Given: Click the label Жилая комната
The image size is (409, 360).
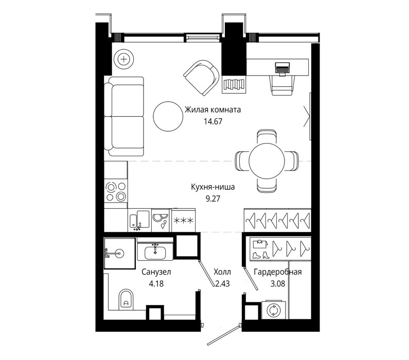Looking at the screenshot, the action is (212, 110).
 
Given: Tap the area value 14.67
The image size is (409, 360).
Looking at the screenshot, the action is (213, 121).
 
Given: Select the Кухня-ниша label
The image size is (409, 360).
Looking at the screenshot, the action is (213, 187).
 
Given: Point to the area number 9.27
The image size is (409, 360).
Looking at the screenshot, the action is (213, 199).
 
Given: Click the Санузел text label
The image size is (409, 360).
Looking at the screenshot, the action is (156, 272).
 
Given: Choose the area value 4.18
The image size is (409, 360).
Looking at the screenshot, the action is (156, 283).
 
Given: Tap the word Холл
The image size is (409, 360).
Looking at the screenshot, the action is (222, 272).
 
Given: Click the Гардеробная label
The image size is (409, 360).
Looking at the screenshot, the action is (278, 272).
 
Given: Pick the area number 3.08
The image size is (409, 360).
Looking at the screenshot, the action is (278, 283).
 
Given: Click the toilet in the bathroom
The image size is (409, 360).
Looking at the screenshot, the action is (126, 299).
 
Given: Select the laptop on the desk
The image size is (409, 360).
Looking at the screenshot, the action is (282, 69).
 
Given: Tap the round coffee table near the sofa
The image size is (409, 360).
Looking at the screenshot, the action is (168, 116).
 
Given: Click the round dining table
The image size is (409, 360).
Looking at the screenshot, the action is (266, 161).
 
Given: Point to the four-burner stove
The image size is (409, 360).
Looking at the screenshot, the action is (116, 192).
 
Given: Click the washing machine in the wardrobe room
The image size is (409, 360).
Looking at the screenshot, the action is (274, 310).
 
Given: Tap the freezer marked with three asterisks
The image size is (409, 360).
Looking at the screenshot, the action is (183, 220).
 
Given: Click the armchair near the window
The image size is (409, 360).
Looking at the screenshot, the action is (201, 78).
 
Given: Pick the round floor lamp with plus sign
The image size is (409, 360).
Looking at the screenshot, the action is (124, 59).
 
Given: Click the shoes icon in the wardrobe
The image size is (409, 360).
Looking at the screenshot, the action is (261, 255).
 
